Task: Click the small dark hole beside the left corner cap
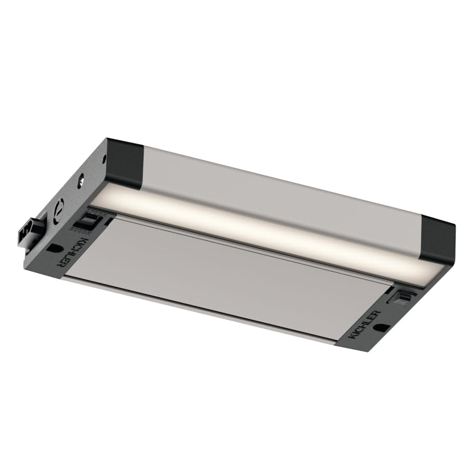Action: (106, 154)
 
